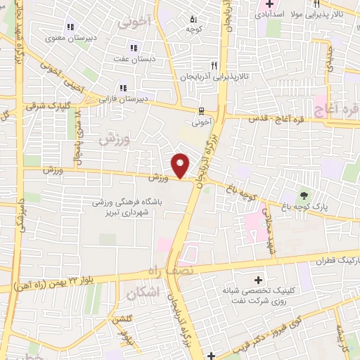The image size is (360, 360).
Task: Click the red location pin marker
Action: (x=181, y=165)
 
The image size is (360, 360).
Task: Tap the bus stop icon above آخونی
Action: (x=202, y=110)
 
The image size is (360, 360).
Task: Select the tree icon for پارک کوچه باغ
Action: (x=304, y=195)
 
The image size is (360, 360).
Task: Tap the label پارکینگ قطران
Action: (x=333, y=259)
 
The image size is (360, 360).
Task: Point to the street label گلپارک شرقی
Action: (x=32, y=106)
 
